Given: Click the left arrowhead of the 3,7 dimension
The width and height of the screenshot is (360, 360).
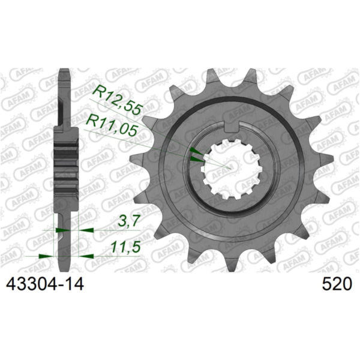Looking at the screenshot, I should coord(60,229).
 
